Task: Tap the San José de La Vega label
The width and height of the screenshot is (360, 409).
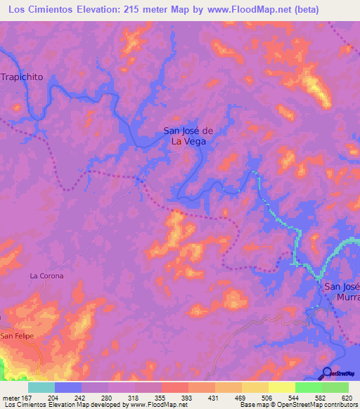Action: point(188,135)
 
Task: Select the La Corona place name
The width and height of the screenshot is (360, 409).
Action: point(46,276)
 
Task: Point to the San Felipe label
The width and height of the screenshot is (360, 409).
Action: point(16,337)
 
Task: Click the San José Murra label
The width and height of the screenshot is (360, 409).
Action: point(341,292)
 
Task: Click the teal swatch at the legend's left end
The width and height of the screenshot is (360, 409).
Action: point(41,387)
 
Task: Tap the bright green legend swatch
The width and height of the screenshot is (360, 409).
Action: point(308,387)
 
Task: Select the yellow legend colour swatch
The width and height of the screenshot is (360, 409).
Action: point(281,387)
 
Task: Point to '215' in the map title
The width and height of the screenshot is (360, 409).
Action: point(154,10)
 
